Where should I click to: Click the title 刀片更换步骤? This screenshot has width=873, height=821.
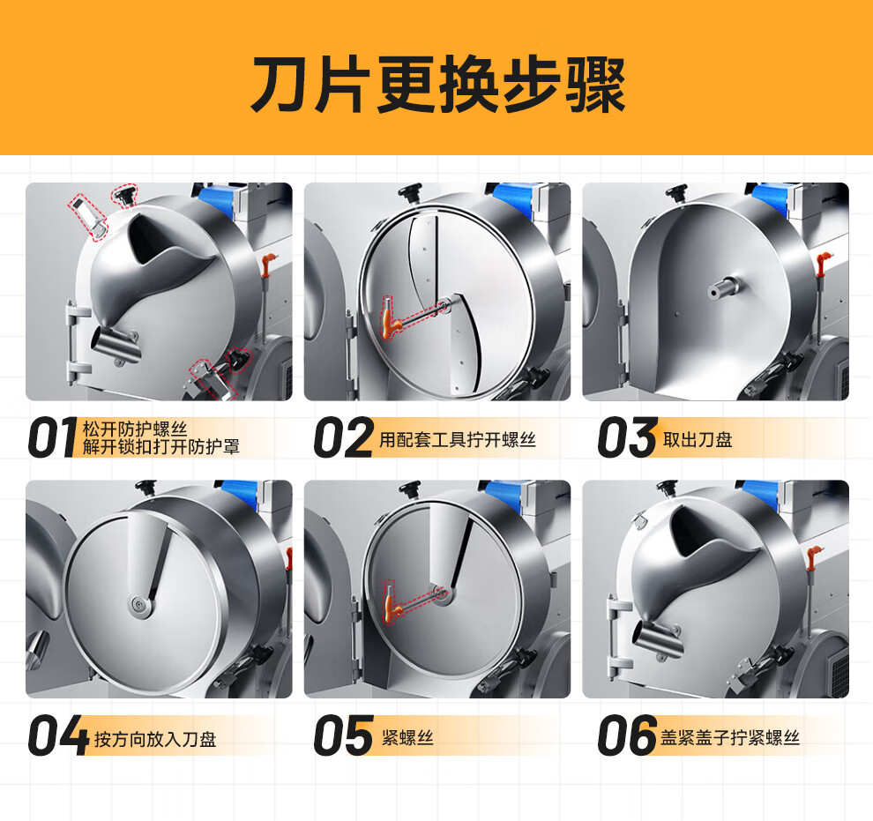point(438,86)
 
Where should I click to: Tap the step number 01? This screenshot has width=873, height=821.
point(52,438)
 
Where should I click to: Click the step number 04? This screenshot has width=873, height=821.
point(58,735)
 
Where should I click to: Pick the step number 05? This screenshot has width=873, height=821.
point(344,735)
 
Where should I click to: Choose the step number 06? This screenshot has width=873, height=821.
point(628,735)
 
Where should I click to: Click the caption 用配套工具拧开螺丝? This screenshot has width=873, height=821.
point(458,440)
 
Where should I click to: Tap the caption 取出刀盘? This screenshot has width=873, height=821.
point(698,440)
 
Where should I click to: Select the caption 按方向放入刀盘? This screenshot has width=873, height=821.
point(155,739)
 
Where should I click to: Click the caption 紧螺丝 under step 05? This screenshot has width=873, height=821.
point(407,737)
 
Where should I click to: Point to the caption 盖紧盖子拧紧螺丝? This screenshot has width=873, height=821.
point(730,737)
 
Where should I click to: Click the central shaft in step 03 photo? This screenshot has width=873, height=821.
point(723,289)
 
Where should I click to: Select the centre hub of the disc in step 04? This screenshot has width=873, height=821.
point(138,607)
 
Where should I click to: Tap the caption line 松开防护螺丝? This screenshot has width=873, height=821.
point(135,429)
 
